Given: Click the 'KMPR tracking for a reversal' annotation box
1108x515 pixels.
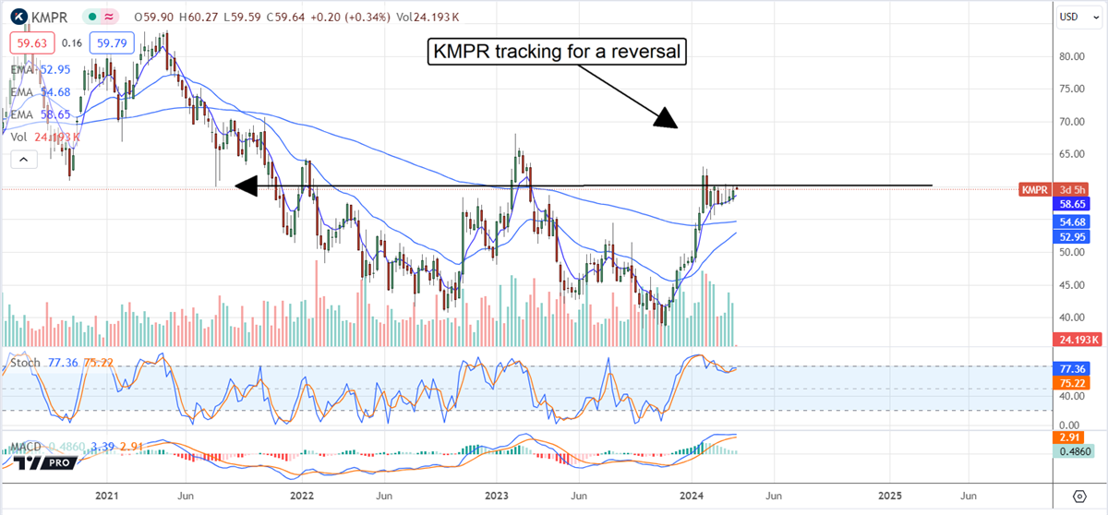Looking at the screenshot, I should (558, 52).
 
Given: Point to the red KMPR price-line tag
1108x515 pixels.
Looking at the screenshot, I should (1032, 188).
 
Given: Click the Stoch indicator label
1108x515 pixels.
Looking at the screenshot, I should (24, 363).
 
